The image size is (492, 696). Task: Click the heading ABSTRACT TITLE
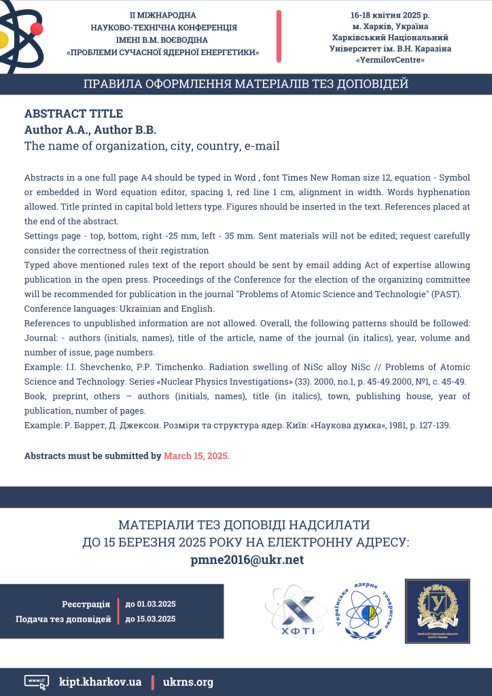coord(73,114)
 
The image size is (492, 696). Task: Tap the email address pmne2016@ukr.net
coord(246,560)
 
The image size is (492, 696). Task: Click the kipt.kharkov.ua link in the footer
coord(100,681)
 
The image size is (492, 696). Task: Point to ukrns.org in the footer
coord(188,681)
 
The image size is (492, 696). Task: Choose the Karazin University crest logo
coord(437,610)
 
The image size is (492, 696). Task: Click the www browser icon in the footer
coord(36,682)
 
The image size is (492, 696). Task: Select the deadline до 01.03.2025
coord(150,604)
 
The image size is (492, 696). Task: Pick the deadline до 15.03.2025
coord(150,619)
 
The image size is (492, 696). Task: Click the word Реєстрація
coord(86,604)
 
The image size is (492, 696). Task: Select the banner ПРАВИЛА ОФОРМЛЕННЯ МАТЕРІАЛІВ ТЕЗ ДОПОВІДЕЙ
coord(246,85)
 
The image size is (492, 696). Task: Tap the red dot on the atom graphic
coord(37,29)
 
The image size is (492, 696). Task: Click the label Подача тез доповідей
coord(63,619)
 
